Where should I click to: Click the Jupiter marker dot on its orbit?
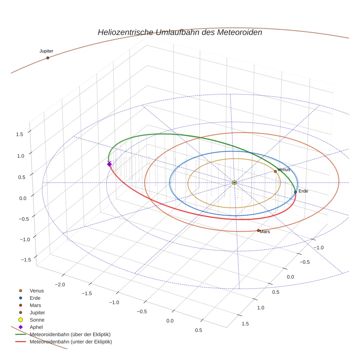[x=48, y=58]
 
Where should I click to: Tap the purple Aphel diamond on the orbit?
[x=109, y=164]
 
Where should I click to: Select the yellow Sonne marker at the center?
[x=235, y=183]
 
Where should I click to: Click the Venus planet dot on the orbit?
[x=275, y=171]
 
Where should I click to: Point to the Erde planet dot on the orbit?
[x=296, y=192]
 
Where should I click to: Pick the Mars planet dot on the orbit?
[x=258, y=230]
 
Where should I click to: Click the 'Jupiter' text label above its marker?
[x=46, y=51]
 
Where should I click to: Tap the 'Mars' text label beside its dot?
[x=265, y=232]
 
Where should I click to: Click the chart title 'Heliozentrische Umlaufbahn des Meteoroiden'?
[x=180, y=32]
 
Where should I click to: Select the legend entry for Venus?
[x=37, y=290]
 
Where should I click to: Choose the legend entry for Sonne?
[x=37, y=320]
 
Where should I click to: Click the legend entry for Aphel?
[x=36, y=327]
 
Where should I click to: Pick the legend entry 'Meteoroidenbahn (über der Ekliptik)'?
[x=70, y=334]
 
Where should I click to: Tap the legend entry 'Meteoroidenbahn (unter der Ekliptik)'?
[x=71, y=342]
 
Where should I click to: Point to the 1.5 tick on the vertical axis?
[x=19, y=134]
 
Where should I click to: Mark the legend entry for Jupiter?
[x=37, y=312]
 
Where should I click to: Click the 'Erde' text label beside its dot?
[x=303, y=191]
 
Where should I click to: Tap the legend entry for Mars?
[x=35, y=305]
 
